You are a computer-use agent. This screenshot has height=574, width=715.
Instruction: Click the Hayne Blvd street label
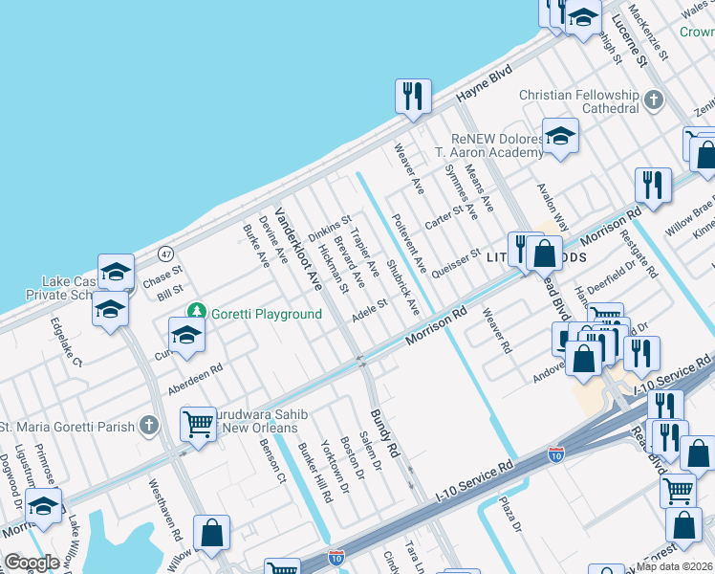(484, 84)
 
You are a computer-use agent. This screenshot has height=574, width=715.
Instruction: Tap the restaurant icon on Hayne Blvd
(412, 96)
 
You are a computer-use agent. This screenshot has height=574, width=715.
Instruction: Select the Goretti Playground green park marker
(197, 311)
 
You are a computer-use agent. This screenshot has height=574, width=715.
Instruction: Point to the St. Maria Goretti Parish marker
(147, 426)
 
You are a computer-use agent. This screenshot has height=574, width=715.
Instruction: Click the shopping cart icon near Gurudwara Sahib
(198, 423)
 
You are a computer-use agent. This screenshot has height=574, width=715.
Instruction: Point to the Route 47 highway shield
(166, 254)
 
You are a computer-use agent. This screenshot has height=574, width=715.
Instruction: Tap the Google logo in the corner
(32, 563)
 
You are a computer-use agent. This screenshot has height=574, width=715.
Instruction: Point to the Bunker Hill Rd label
(314, 474)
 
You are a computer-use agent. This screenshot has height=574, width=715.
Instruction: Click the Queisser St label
(456, 260)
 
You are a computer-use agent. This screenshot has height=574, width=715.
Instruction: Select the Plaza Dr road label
(509, 514)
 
